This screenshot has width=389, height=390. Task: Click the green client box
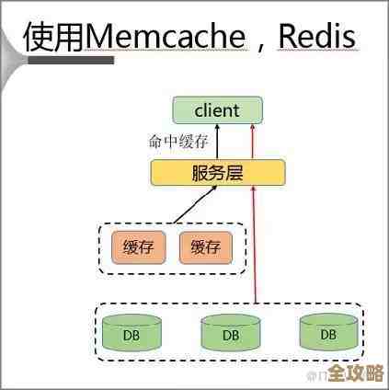[218, 111]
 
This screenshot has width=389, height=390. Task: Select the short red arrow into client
[250, 143]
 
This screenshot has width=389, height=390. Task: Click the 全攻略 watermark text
[356, 374]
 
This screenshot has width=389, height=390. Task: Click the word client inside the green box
[218, 111]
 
